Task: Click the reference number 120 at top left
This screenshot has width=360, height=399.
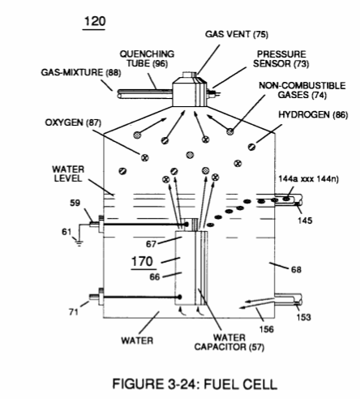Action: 95,21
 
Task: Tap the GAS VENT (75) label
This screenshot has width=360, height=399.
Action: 237,34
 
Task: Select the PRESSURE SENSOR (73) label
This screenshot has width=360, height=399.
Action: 281,58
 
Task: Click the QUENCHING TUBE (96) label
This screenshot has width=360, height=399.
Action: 147,58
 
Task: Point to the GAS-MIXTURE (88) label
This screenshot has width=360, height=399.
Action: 81,72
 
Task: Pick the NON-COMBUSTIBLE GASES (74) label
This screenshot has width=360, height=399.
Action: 302,90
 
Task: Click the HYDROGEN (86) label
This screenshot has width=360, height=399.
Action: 313,114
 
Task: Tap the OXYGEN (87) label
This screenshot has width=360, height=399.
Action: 73,122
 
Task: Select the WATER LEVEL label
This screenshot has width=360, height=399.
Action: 68,174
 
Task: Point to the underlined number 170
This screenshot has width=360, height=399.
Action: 143,261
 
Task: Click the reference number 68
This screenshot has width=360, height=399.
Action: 296,269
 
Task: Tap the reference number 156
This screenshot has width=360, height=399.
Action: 267,329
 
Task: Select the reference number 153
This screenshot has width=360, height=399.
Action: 304,317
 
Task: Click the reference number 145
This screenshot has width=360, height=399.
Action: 305,221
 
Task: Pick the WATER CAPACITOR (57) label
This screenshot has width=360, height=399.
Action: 229,342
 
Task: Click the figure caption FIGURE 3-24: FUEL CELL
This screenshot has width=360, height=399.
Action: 195,384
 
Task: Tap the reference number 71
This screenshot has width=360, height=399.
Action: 74,312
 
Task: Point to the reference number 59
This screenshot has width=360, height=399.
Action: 75,203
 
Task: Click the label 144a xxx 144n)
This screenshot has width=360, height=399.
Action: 308,179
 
